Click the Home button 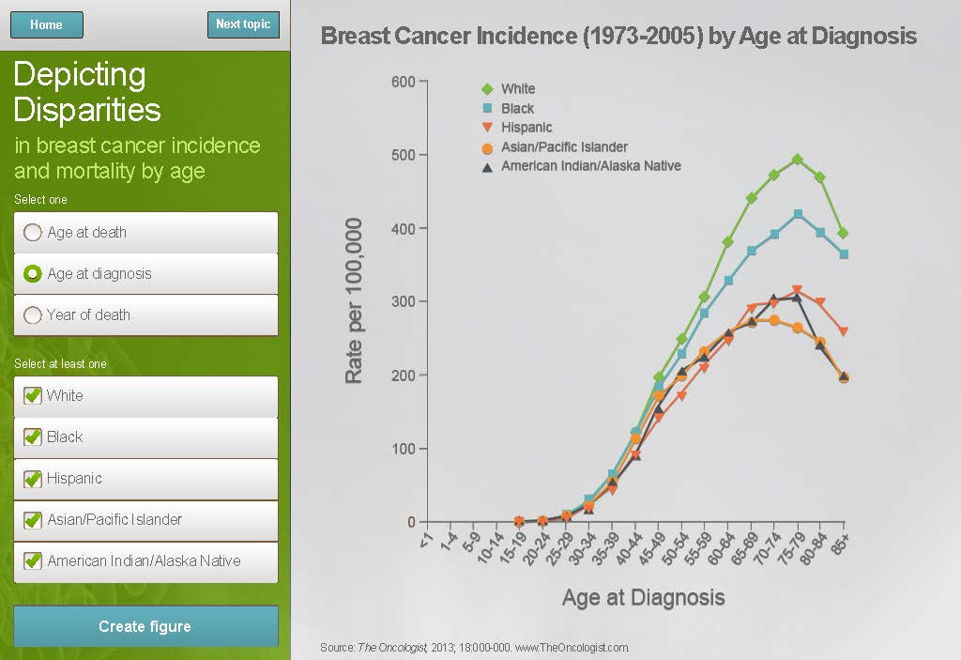(x=46, y=25)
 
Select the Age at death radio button (x=33, y=233)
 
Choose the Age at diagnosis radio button (x=33, y=273)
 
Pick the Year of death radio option (x=33, y=315)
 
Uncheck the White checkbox (x=33, y=395)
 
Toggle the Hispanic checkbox (x=33, y=478)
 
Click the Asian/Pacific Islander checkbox (x=33, y=519)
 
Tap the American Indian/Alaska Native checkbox (x=33, y=560)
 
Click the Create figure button (x=145, y=626)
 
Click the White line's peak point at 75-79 (x=798, y=160)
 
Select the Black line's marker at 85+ (x=844, y=254)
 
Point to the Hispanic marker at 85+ (x=844, y=331)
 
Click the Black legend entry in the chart (x=517, y=108)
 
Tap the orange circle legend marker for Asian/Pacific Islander (x=487, y=147)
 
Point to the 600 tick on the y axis (x=403, y=82)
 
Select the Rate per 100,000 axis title (x=354, y=300)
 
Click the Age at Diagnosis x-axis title (x=643, y=597)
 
